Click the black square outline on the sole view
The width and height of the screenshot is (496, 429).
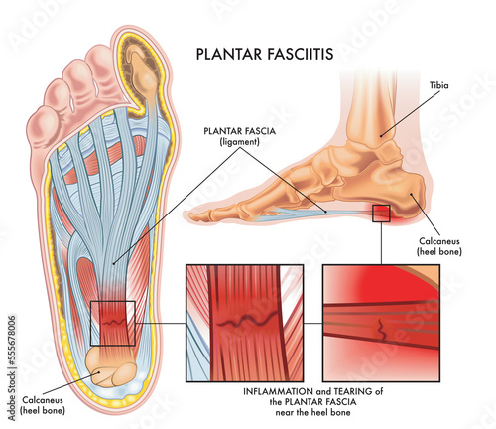[x=112, y=324]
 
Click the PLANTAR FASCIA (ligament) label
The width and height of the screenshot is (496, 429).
[x=237, y=136]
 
